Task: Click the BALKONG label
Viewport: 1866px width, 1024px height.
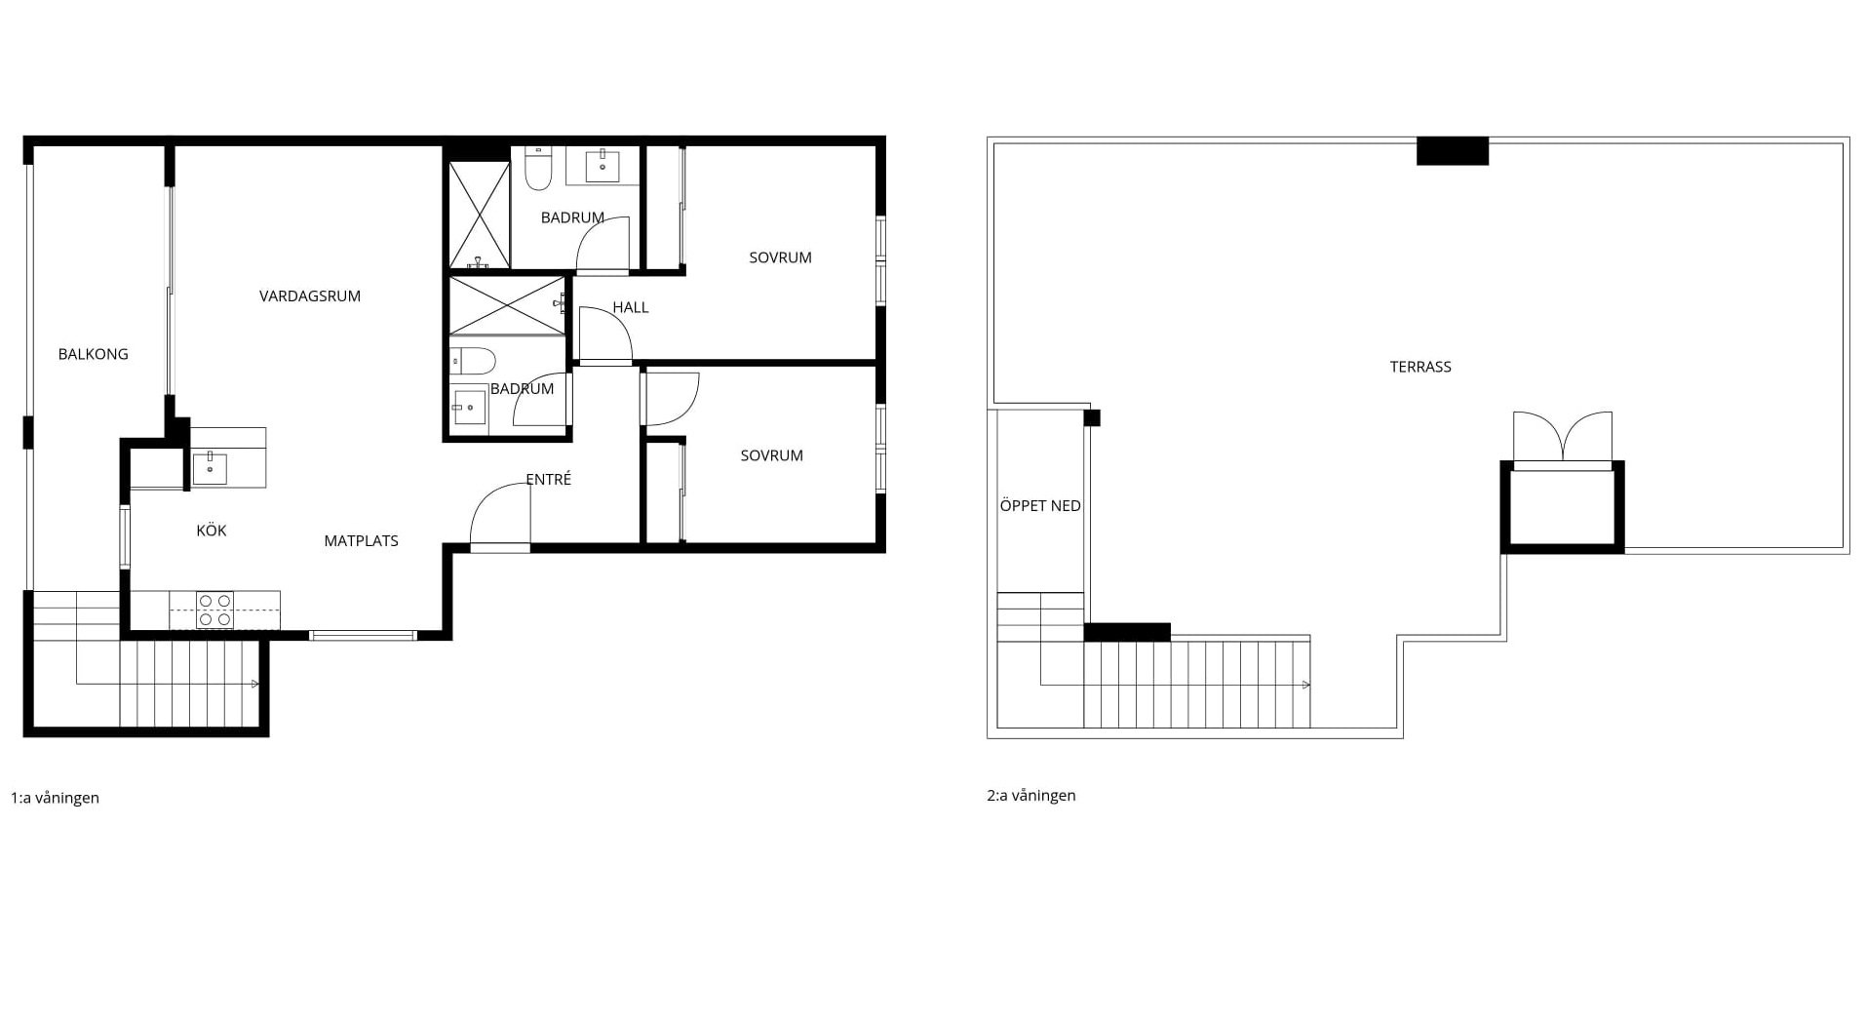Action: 93,354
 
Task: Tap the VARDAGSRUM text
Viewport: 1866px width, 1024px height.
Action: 310,296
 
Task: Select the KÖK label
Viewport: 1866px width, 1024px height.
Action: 212,531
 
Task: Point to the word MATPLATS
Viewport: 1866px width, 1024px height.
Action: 361,541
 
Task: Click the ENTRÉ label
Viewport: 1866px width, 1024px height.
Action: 548,480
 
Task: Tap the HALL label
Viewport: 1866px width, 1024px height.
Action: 631,307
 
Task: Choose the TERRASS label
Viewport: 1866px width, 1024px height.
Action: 1420,367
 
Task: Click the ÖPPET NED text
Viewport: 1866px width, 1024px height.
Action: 1040,506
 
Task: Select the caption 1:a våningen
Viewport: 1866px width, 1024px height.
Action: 55,798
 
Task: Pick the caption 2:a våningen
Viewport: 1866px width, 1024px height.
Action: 1031,796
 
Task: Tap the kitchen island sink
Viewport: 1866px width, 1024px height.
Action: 210,468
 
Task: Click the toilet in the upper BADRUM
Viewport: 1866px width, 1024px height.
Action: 538,168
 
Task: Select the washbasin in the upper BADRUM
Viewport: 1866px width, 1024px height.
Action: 603,166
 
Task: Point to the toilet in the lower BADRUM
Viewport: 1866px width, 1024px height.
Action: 473,361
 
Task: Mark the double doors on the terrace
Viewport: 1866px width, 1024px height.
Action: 1563,438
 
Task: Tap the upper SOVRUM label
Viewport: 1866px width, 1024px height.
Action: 780,257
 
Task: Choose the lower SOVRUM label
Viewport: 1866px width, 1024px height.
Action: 771,455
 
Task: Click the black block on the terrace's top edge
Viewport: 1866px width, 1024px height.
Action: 1453,151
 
